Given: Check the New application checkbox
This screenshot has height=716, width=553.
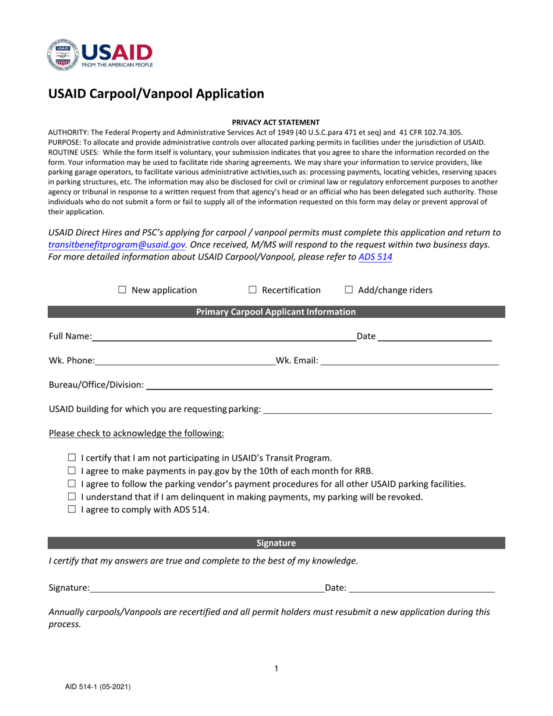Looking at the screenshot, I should click(x=122, y=290).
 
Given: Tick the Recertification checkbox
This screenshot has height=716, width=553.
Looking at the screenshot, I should click(x=253, y=290).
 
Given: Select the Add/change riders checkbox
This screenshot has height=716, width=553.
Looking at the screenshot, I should click(x=349, y=290).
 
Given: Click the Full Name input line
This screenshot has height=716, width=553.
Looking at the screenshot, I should click(x=224, y=336).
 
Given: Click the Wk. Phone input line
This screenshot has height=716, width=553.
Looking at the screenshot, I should click(x=185, y=361).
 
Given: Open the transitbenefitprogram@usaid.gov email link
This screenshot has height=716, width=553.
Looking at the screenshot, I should click(x=116, y=245).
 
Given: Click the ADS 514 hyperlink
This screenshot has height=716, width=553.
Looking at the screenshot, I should click(x=375, y=257).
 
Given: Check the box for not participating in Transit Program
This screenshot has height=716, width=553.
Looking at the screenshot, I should click(x=72, y=458).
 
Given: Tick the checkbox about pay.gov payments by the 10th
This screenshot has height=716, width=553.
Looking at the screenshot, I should click(x=72, y=471).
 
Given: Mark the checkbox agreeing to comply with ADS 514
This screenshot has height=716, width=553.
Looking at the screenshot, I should click(x=72, y=509).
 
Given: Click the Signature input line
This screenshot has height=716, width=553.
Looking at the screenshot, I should click(x=207, y=589).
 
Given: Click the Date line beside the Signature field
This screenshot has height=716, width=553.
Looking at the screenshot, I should click(x=421, y=589).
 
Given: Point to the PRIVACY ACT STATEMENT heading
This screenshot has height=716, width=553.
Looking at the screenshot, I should click(x=276, y=122).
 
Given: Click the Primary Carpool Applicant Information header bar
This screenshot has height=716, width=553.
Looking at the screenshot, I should click(x=276, y=312).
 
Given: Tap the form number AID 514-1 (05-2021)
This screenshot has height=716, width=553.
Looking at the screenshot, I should click(x=98, y=687).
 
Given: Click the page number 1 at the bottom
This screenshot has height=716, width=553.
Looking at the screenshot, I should click(x=276, y=669).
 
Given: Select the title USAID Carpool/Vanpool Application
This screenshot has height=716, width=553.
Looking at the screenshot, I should click(x=156, y=94).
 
